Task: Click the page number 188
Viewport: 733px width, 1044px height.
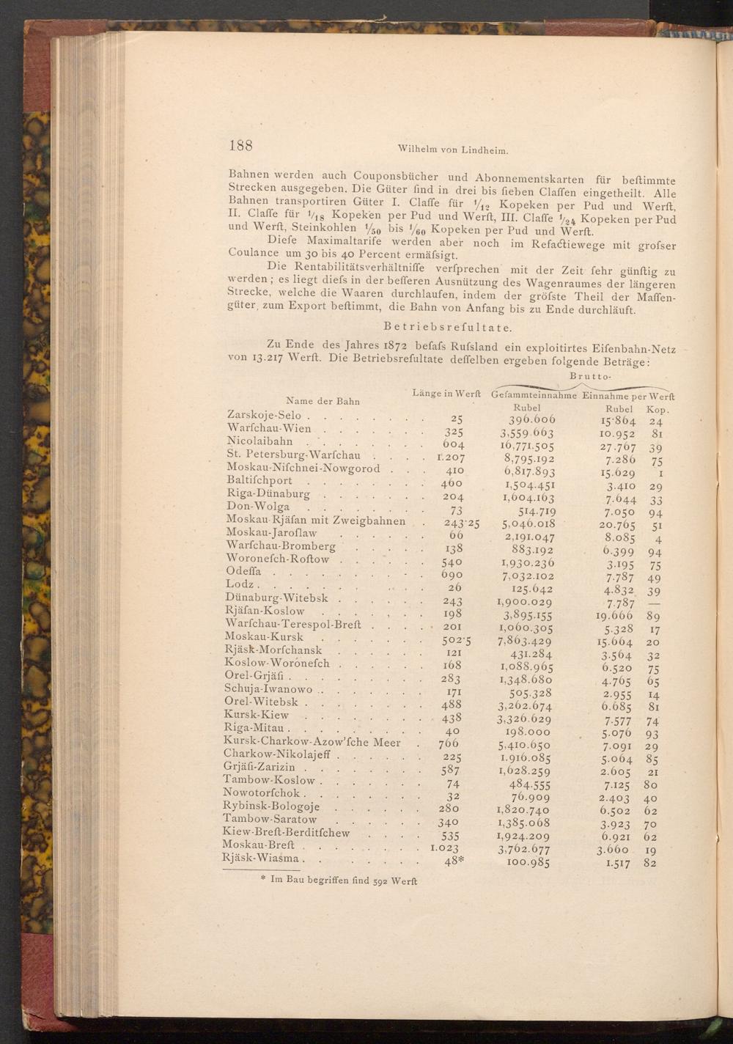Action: [241, 144]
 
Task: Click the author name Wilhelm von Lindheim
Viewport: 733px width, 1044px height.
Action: [452, 150]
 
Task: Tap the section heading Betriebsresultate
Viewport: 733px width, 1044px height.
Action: [448, 326]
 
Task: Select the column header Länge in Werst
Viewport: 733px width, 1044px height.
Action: [446, 394]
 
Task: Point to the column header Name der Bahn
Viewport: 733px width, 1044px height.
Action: [323, 401]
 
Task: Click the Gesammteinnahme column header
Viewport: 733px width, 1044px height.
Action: [536, 395]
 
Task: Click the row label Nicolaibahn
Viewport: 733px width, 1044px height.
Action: [260, 441]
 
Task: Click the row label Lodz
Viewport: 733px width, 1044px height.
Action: [240, 584]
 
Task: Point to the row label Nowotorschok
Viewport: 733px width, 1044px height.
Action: [261, 793]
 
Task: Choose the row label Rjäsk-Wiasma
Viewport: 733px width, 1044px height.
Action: [262, 859]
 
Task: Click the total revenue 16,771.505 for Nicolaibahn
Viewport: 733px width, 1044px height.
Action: [527, 444]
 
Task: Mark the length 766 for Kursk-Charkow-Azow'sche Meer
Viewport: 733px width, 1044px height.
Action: [448, 743]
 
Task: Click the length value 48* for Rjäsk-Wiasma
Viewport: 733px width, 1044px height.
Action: [454, 861]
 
